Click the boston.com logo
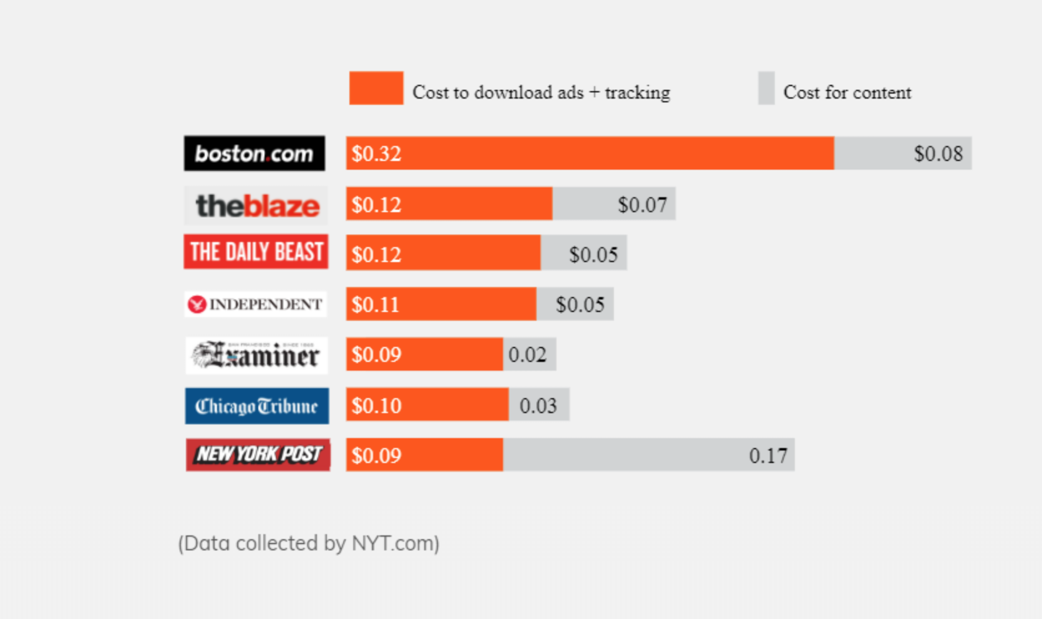[254, 154]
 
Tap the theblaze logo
[256, 205]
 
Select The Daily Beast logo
[256, 251]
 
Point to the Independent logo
[256, 305]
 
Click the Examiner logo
[256, 355]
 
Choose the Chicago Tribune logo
[256, 406]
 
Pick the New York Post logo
[258, 455]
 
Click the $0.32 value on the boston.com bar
[376, 154]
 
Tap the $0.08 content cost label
[938, 154]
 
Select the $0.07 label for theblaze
[642, 205]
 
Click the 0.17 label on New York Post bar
[768, 456]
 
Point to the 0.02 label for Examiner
[527, 355]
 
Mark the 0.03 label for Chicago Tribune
[538, 406]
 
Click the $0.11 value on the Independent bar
[375, 305]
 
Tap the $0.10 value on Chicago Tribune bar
[376, 406]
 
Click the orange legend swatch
[376, 88]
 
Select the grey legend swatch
[766, 88]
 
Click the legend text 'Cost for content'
[847, 92]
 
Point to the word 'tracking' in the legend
[637, 93]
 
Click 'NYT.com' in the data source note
[395, 543]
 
